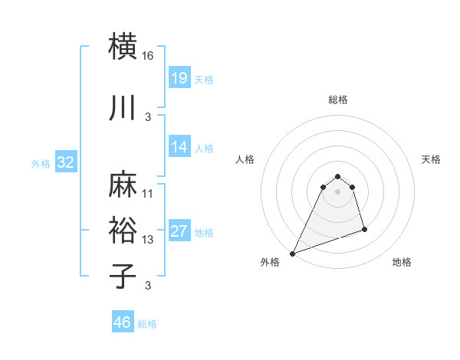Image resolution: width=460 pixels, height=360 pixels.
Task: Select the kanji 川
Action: coord(123,109)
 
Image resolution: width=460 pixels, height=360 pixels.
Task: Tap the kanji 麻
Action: coord(123,185)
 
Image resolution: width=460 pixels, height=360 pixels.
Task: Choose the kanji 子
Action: coord(123,275)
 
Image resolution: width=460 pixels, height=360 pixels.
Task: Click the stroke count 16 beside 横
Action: coord(148,56)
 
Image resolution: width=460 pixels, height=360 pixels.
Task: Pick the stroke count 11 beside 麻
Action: coord(148,193)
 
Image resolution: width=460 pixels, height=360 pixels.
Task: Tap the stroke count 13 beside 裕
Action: coord(148,240)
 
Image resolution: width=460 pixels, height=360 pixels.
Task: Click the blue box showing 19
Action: coord(179,78)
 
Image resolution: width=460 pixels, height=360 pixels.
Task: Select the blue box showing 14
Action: coord(179,147)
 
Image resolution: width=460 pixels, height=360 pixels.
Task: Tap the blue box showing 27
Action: coord(179,231)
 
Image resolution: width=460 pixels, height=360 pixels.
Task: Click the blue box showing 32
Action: coord(65,162)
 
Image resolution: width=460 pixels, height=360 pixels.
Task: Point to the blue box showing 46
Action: coord(123,322)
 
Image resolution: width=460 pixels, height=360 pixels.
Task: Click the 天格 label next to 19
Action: coord(204,79)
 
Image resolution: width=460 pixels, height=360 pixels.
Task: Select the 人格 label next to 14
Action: coord(204,148)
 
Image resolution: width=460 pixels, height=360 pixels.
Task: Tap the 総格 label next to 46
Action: coord(147,324)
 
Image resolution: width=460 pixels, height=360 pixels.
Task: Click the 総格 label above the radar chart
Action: coord(337,100)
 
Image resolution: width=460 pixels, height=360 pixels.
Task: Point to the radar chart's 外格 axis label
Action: coord(270,262)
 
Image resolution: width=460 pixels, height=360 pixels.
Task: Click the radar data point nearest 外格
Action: coord(292,254)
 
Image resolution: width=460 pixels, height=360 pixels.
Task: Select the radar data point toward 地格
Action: coord(364,229)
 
